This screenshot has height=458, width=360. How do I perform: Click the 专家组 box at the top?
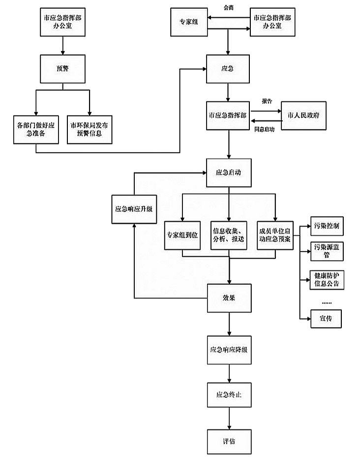tap(189, 22)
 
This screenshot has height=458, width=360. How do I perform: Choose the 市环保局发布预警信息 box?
tap(90, 129)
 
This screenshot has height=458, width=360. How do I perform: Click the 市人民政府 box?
tap(303, 116)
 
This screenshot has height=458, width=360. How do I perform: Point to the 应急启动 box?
tap(229, 173)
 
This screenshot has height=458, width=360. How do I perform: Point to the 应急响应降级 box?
tap(229, 350)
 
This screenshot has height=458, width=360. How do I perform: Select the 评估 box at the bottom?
tap(229, 441)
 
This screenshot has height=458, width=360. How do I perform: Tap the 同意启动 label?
tap(265, 129)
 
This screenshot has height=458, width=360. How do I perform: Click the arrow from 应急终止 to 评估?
tap(229, 418)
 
